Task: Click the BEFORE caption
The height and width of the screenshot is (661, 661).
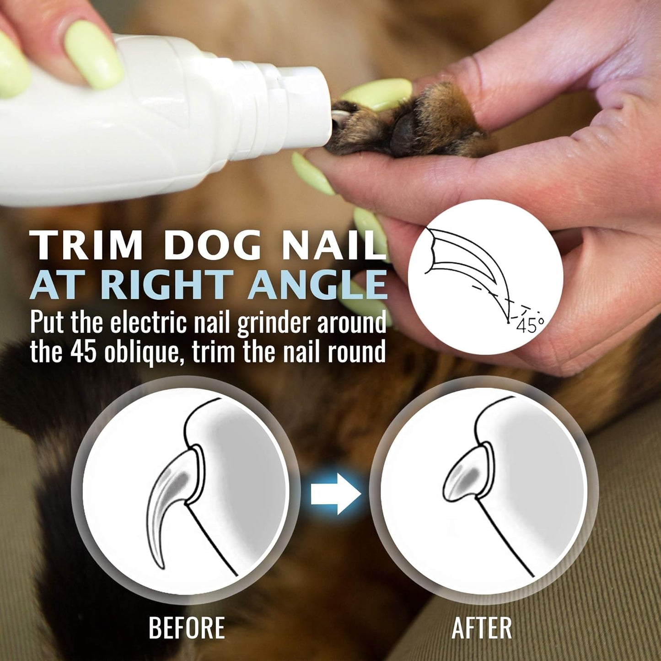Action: (187, 628)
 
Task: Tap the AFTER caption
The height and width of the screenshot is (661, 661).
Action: (482, 628)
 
